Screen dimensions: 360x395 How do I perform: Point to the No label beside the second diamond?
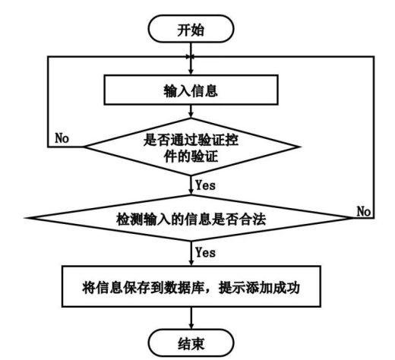tap(363, 210)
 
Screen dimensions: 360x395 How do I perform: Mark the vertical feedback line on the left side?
tap(46, 99)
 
